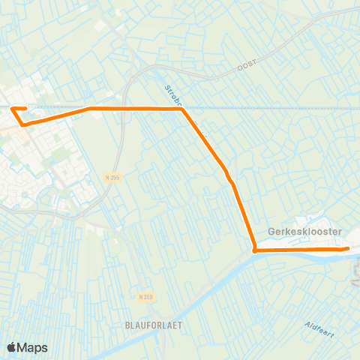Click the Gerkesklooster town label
305,232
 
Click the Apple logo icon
12,347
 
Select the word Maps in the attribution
33,347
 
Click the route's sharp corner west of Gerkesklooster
255,250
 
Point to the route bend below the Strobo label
182,109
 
